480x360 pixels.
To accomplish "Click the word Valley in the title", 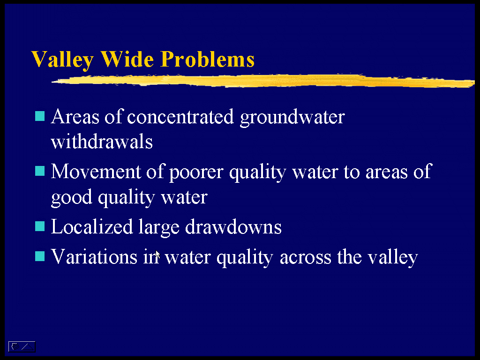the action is [62, 60].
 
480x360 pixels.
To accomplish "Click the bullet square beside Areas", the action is [40, 116].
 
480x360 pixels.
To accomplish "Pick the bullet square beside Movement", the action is [40, 171].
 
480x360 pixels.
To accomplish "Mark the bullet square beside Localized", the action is [40, 226].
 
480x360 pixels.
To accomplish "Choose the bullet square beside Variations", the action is [40, 256].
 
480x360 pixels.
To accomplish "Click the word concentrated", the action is [180, 117].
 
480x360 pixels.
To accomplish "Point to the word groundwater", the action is [292, 118].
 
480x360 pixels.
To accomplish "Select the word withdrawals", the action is [102, 142].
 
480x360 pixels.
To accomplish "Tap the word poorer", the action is [196, 173].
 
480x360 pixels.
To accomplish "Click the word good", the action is [71, 197].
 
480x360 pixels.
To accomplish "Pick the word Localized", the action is [92, 226].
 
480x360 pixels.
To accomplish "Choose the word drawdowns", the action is [233, 227].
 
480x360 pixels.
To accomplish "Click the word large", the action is [159, 228].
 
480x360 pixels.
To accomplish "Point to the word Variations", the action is [94, 256].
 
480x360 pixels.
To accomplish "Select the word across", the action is [306, 258].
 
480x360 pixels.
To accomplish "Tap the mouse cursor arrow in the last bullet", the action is [157, 255].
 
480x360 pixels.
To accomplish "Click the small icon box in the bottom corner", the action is [22, 346].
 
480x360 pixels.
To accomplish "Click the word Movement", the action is [96, 172].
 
